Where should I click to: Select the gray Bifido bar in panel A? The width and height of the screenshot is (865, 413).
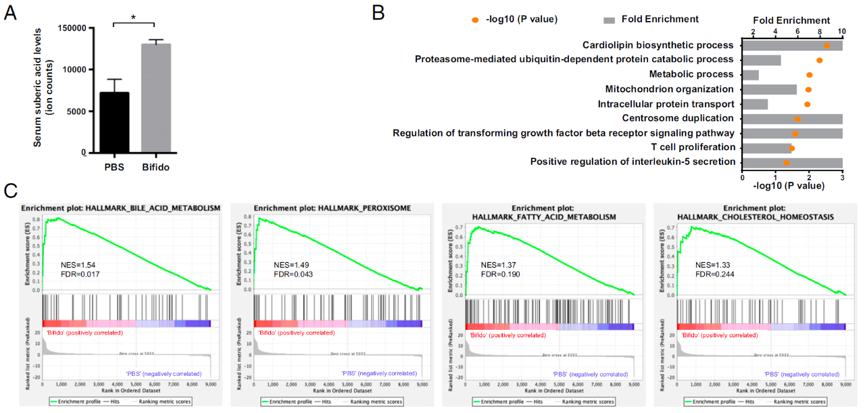point(155,99)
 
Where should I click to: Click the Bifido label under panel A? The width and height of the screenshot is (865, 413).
point(155,167)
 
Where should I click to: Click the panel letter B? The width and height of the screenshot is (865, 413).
point(378,12)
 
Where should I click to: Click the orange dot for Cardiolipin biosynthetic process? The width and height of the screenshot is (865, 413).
point(826,45)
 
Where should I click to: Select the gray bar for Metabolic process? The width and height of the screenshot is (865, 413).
point(750,74)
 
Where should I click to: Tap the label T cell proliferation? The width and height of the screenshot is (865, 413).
point(693,147)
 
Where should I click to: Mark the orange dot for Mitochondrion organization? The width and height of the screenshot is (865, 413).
point(808,89)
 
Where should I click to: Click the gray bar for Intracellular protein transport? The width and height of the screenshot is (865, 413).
point(755,104)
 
